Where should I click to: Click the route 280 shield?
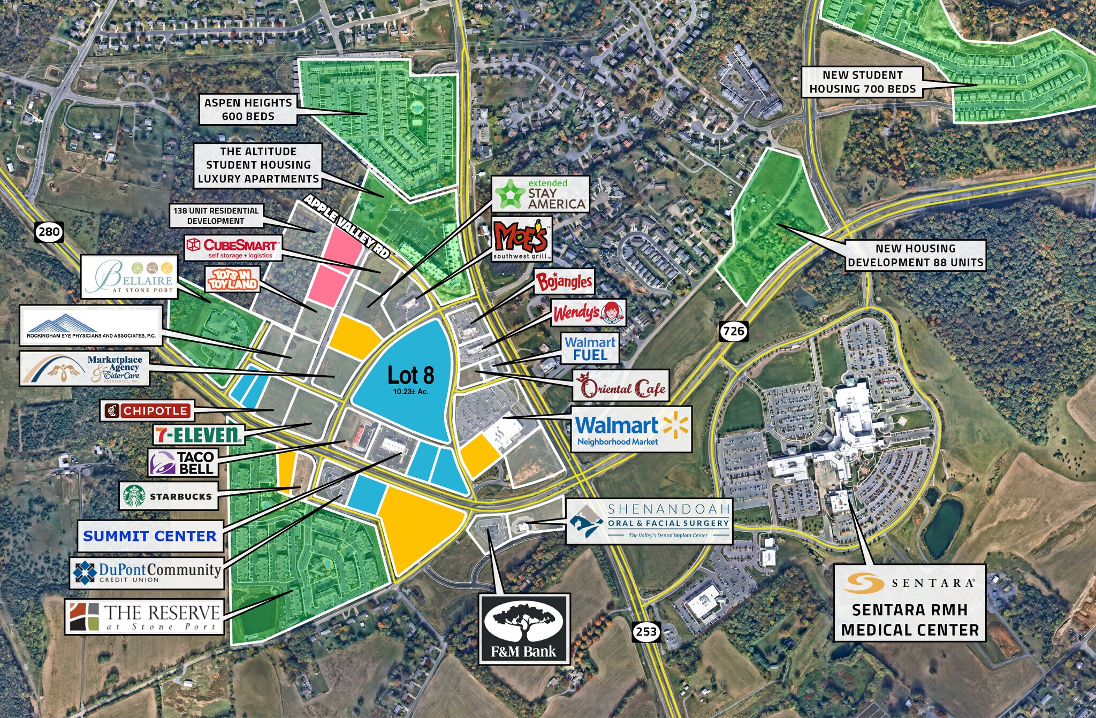click(x=49, y=232)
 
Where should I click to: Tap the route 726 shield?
click(x=733, y=331)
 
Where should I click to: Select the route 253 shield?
click(x=646, y=631)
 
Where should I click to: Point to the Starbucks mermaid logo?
click(x=134, y=496)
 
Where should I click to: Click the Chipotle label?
click(x=147, y=411)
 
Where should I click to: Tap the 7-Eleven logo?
click(x=199, y=434)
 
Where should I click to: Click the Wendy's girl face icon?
click(x=612, y=313)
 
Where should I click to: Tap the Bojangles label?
click(x=564, y=281)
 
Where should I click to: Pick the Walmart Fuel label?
click(x=590, y=349)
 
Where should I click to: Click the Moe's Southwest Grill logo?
click(x=521, y=239)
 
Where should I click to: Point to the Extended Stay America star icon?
click(x=509, y=194)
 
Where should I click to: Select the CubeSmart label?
click(x=233, y=248)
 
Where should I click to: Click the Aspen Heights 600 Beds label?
click(x=248, y=110)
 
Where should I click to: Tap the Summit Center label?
click(x=150, y=536)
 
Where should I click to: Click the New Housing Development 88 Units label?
click(x=915, y=255)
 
